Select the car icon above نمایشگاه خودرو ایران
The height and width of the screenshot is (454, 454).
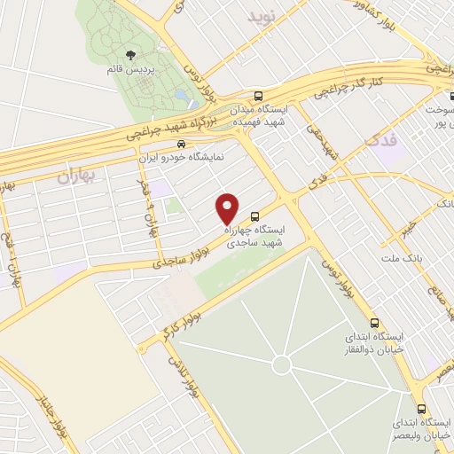pyautogui.click(x=181, y=143)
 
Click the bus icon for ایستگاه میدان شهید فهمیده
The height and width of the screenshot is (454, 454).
pyautogui.click(x=258, y=96)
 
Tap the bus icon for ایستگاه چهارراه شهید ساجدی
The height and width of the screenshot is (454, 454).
pyautogui.click(x=255, y=215)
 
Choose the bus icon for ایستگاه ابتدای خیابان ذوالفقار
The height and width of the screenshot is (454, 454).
pyautogui.click(x=375, y=324)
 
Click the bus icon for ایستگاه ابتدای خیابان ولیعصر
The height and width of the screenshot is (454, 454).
pyautogui.click(x=420, y=409)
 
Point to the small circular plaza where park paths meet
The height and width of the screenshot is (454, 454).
pyautogui.click(x=282, y=364)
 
